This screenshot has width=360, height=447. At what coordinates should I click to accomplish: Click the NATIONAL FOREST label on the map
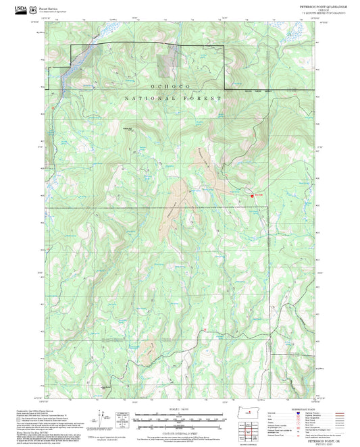173,99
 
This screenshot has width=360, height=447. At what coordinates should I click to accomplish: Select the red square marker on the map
253,196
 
